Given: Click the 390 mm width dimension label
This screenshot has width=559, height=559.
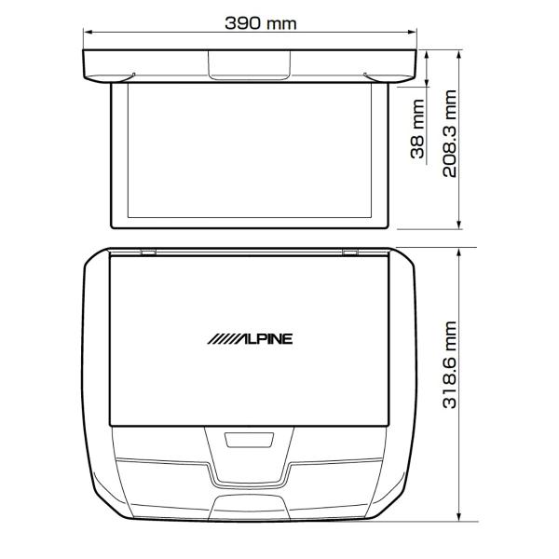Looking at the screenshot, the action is pyautogui.click(x=261, y=23).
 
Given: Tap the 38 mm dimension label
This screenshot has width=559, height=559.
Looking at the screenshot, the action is pyautogui.click(x=417, y=129).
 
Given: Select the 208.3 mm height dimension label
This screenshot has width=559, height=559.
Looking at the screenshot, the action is pyautogui.click(x=450, y=133).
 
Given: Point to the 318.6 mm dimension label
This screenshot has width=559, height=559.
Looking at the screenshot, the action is pyautogui.click(x=450, y=364).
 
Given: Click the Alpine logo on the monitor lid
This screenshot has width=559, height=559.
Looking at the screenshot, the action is pyautogui.click(x=250, y=339).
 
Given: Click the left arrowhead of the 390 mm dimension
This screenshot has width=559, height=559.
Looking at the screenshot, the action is pyautogui.click(x=88, y=32).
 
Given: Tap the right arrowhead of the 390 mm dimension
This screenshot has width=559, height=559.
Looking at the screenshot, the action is pyautogui.click(x=413, y=32).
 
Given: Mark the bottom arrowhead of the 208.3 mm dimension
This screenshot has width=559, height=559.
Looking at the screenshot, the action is pyautogui.click(x=459, y=225).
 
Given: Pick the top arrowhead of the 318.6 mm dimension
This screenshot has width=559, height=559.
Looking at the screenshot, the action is pyautogui.click(x=459, y=252).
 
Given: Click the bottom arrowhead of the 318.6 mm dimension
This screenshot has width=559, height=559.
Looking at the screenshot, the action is pyautogui.click(x=459, y=517).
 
